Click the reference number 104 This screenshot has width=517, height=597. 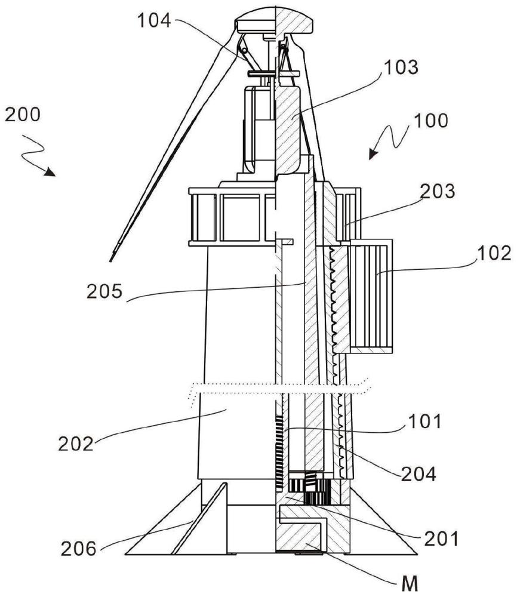[x=154, y=20]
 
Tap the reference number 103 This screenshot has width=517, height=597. [x=401, y=67]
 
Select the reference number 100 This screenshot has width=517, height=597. [x=430, y=121]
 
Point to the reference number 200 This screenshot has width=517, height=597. [x=23, y=114]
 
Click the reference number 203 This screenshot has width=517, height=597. [x=438, y=191]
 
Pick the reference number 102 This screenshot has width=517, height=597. [x=494, y=253]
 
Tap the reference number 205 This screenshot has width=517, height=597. [x=104, y=292]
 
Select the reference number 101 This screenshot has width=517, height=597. [x=425, y=421]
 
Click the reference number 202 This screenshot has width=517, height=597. [x=76, y=444]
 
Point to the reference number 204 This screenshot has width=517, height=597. [x=418, y=474]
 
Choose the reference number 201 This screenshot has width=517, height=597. [x=441, y=538]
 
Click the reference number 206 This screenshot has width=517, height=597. [x=79, y=549]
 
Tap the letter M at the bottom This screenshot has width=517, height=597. [x=410, y=584]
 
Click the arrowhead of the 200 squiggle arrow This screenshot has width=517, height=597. [x=50, y=171]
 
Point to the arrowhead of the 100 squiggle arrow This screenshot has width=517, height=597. [x=374, y=153]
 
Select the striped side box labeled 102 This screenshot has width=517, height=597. [x=371, y=297]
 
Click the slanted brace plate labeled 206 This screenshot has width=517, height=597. [x=199, y=518]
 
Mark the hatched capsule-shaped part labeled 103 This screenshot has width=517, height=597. [x=288, y=130]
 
